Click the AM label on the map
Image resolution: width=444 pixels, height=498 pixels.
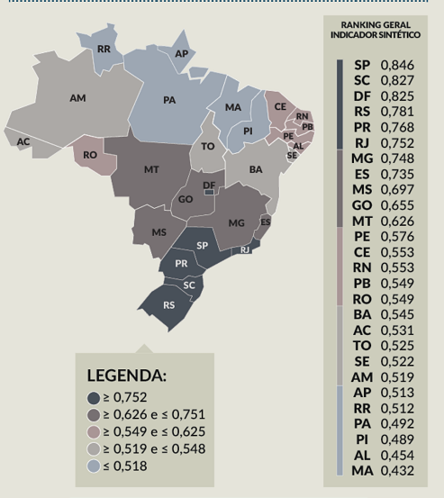coord(77,97)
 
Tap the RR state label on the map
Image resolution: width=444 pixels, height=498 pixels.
coord(104,48)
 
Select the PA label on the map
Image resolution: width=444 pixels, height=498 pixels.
coord(169,100)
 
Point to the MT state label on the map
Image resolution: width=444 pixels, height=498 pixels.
coord(152,169)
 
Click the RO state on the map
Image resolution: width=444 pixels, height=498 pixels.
coord(90,155)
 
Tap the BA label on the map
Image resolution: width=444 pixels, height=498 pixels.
coord(256,169)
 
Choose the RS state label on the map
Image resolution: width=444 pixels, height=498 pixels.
coord(169,305)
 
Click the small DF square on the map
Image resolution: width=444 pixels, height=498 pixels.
coord(209,190)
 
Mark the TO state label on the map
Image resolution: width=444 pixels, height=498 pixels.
coord(208,146)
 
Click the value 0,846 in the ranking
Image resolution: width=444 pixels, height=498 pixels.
coord(398,65)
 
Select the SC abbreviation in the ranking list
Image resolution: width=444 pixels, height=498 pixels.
coord(362,81)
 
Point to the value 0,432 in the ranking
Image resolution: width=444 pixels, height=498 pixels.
coord(398,470)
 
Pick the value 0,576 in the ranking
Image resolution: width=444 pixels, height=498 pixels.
coord(398,236)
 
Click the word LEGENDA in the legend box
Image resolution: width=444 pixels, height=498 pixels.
coord(127,375)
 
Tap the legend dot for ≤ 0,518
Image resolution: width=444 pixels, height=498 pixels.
coord(93,466)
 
